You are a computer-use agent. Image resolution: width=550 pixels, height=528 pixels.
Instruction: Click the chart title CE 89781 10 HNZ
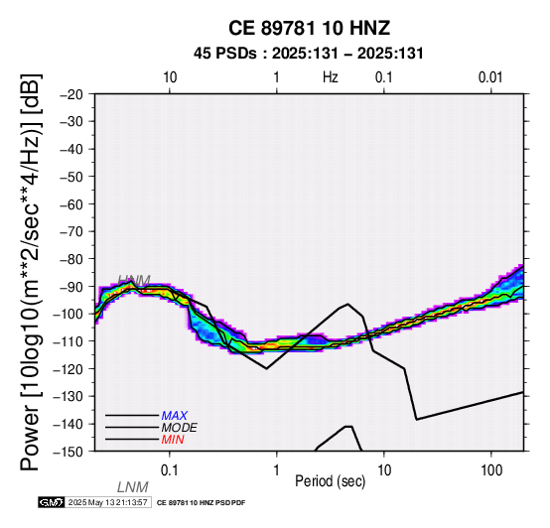(x=309, y=28)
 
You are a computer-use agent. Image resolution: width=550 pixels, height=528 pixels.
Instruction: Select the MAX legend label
(x=175, y=416)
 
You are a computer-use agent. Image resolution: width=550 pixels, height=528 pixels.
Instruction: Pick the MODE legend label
(x=180, y=428)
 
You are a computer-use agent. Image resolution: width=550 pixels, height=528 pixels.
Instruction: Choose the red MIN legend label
(x=173, y=440)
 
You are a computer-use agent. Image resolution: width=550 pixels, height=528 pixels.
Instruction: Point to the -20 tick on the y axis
(x=71, y=94)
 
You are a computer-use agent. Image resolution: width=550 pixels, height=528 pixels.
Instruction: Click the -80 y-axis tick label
(x=71, y=259)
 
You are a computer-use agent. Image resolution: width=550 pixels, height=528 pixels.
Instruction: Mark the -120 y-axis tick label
(x=69, y=368)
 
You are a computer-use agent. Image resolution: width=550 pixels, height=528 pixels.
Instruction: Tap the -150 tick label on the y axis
(x=69, y=452)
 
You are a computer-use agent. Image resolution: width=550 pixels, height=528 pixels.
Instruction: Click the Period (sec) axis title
(x=330, y=481)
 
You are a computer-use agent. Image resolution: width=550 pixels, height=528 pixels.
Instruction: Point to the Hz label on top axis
(x=330, y=77)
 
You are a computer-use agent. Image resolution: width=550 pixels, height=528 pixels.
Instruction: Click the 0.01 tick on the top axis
(x=490, y=77)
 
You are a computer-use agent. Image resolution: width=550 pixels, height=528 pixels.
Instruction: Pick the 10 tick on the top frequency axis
(x=170, y=77)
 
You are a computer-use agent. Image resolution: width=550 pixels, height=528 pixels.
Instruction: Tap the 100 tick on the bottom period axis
(x=491, y=470)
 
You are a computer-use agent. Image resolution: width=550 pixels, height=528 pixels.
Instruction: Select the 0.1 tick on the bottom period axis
(x=170, y=470)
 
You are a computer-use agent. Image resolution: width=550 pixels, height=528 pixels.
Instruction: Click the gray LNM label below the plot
(x=133, y=487)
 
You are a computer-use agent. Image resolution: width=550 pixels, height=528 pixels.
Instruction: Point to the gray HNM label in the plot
(x=134, y=280)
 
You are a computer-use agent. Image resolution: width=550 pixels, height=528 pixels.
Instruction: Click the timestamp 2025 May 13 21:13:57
(x=107, y=502)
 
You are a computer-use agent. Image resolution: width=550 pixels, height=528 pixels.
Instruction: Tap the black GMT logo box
(x=52, y=502)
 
